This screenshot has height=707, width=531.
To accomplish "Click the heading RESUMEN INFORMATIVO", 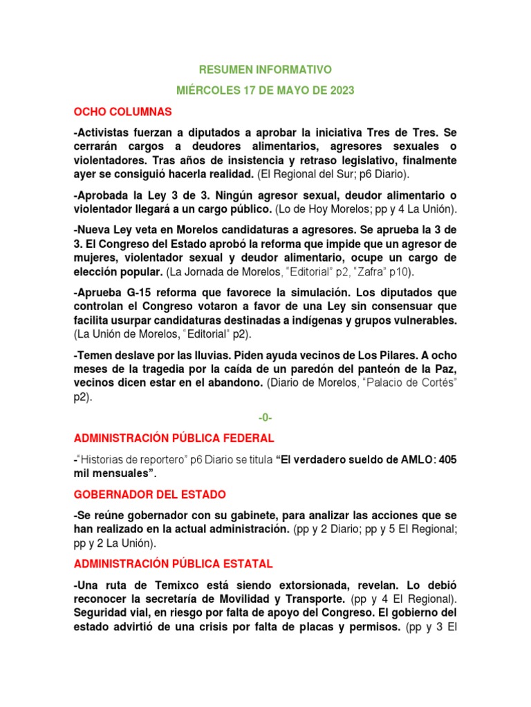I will point(265,70).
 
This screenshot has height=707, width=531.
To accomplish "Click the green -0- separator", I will point(265,418).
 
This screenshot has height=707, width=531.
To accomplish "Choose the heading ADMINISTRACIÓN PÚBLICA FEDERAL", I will point(174,438).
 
